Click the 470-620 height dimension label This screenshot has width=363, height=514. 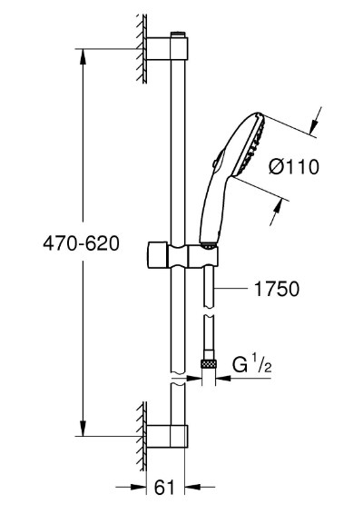[x=82, y=243]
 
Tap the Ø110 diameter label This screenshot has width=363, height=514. [x=294, y=167]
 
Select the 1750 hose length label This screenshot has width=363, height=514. [x=277, y=289]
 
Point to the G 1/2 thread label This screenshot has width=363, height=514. [x=252, y=364]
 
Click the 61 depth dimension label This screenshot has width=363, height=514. [x=165, y=488]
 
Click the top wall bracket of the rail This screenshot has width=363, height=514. [x=167, y=49]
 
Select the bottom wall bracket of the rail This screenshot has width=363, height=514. [x=167, y=436]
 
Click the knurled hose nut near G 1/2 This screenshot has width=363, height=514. [x=209, y=363]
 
